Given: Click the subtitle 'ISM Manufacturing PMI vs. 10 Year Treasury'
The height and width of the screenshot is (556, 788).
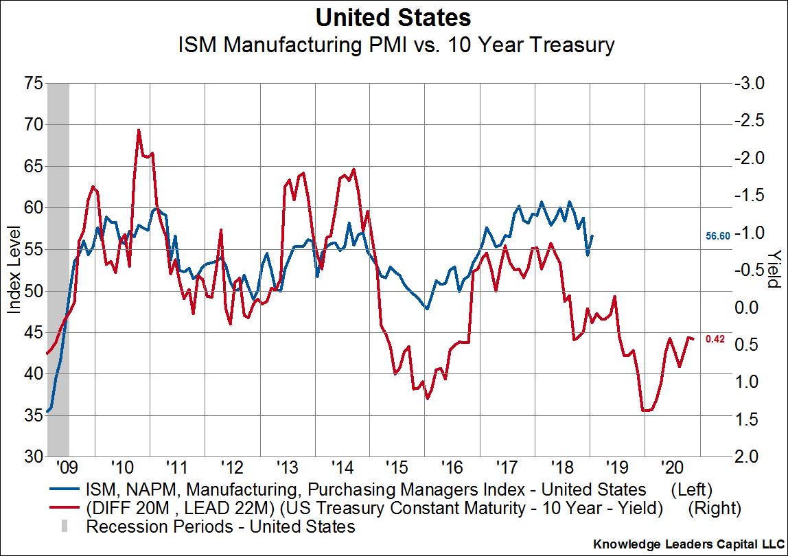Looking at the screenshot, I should click(x=394, y=47).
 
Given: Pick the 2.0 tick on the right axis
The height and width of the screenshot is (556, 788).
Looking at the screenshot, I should click(x=750, y=456).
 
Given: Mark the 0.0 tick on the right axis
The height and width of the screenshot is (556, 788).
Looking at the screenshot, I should click(x=750, y=308).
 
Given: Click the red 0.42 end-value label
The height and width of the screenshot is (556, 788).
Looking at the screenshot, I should click(x=716, y=339).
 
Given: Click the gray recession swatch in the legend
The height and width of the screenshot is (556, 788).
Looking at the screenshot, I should click(x=64, y=527).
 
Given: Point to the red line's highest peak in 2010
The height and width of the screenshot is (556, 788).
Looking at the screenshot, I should click(x=139, y=130).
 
